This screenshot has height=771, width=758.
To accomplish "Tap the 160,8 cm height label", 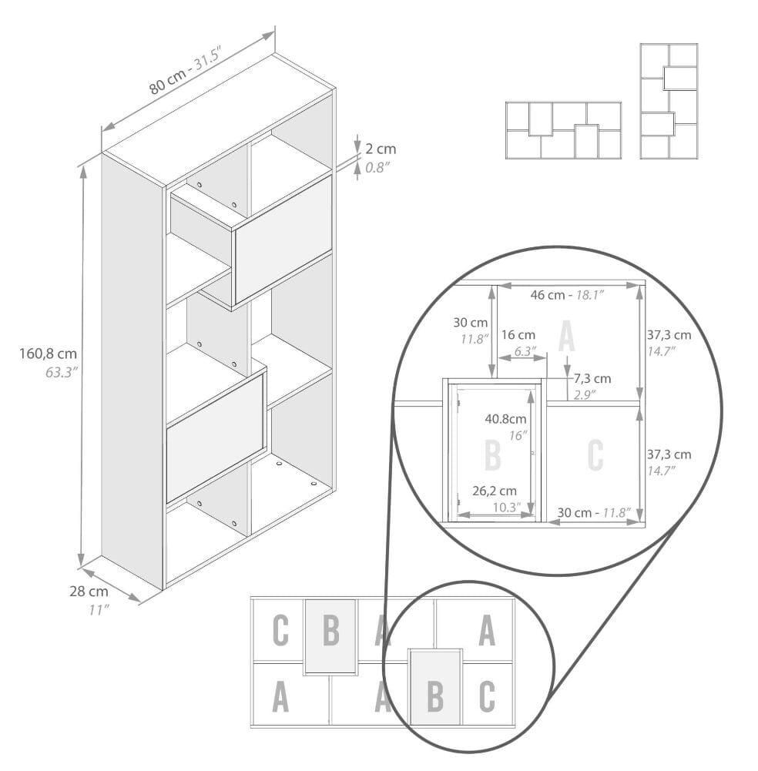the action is (x=49, y=354).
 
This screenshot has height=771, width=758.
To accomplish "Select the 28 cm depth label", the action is (x=89, y=591).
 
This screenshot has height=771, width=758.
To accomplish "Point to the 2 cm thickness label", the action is (x=381, y=149).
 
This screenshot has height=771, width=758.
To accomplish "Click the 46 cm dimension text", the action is (x=548, y=295).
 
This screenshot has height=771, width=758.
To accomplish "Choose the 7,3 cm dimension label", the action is (x=592, y=379).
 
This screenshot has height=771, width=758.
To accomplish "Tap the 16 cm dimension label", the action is (x=518, y=335).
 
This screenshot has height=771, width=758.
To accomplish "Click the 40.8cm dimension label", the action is (x=505, y=419).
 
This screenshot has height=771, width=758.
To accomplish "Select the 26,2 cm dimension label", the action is (x=495, y=491).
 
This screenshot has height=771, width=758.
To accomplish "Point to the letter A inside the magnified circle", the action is (x=567, y=337).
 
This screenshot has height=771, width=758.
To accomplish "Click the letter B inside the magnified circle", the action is (x=492, y=455).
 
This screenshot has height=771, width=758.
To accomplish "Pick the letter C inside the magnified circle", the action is (x=595, y=455).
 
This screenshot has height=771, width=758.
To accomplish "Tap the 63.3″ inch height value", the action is (x=62, y=372).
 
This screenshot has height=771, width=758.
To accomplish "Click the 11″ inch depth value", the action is (x=99, y=610).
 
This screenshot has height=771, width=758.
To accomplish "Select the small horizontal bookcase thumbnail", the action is (x=564, y=130).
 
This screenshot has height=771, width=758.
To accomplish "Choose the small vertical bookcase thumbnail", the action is (x=669, y=102).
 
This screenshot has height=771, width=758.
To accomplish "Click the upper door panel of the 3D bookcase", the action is (x=283, y=240).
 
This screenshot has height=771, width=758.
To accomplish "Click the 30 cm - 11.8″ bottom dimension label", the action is (x=594, y=513).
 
